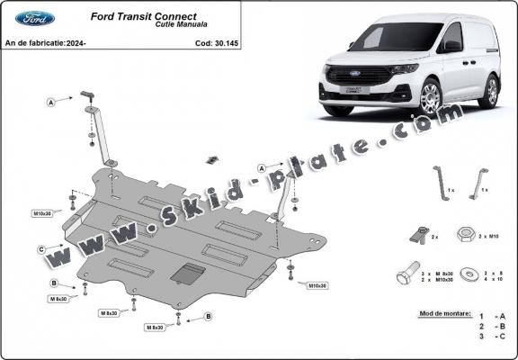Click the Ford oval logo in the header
click(35, 18)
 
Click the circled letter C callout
click(41, 249)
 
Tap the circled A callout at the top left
click(52, 103)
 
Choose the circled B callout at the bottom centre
click(208, 317)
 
